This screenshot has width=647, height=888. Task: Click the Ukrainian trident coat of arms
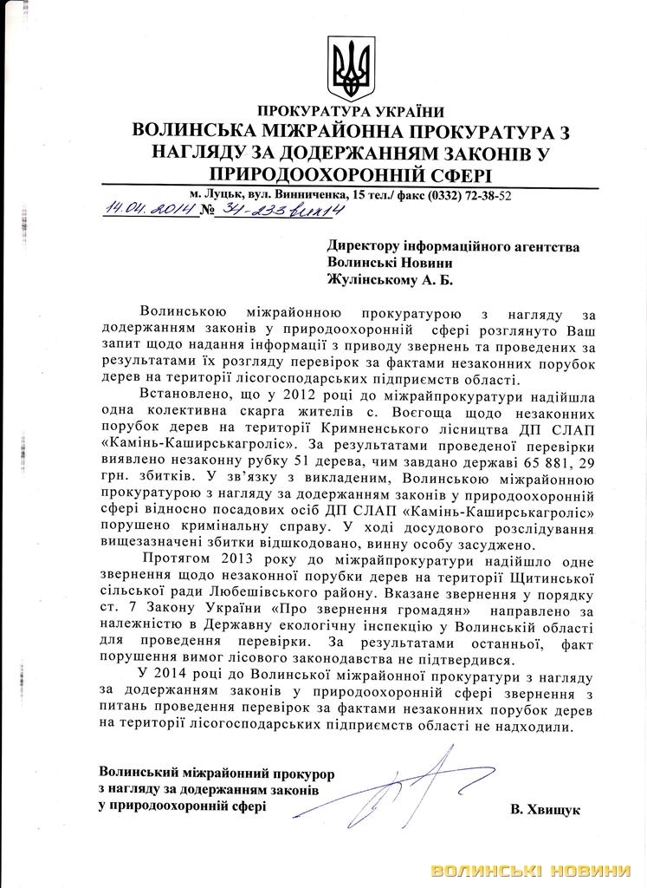click(x=351, y=68)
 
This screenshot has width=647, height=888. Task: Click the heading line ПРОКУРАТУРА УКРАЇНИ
click(x=350, y=112)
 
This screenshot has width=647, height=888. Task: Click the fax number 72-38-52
click(x=485, y=196)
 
